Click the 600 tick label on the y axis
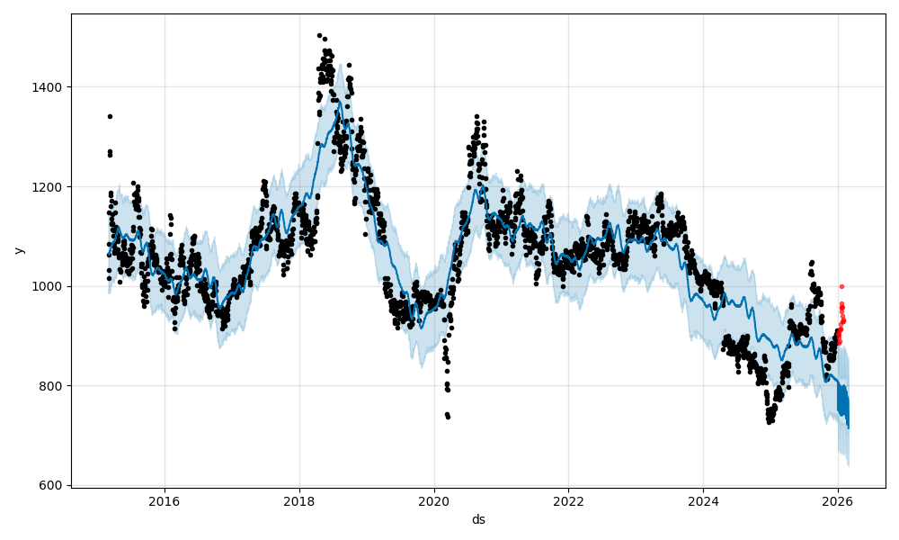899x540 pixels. (x=52, y=485)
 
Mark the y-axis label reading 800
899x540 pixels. (x=52, y=386)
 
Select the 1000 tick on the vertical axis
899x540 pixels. (x=49, y=286)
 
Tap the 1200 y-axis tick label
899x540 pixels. (x=49, y=187)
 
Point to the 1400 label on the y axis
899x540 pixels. (x=49, y=87)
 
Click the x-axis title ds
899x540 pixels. (x=478, y=519)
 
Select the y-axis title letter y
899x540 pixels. (x=19, y=250)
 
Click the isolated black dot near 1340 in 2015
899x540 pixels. (x=110, y=116)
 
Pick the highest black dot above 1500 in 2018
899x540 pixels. (x=319, y=36)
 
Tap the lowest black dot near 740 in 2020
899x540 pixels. (x=448, y=417)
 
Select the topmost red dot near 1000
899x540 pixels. (x=841, y=286)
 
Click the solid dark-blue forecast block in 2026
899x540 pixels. (x=842, y=400)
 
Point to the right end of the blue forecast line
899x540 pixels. (x=848, y=427)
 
